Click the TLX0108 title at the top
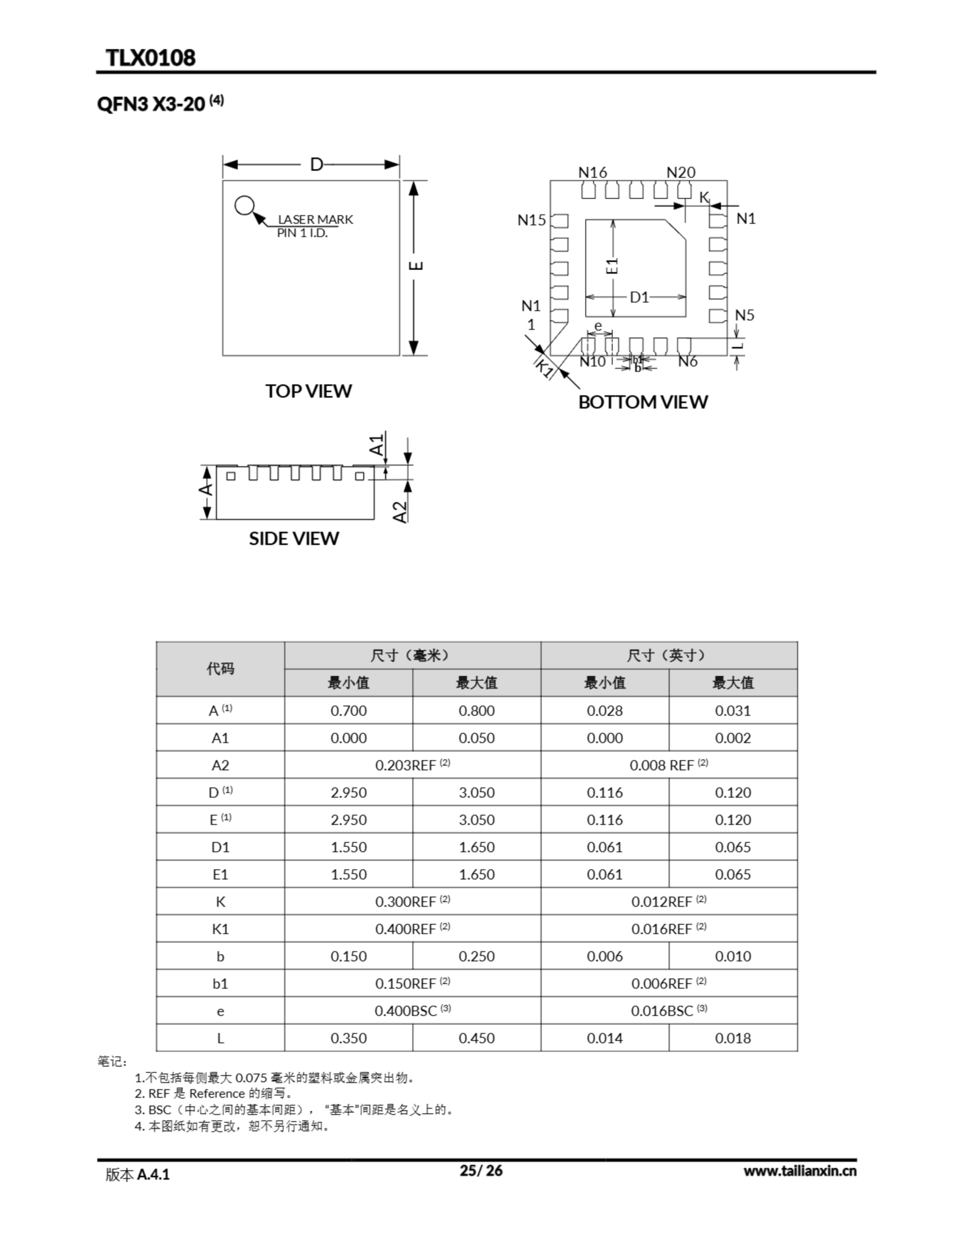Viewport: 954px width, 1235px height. click(x=150, y=58)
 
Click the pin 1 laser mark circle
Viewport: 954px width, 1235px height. click(x=245, y=205)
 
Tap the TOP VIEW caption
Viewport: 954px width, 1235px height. click(x=308, y=391)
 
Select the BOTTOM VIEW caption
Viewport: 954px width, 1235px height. click(x=642, y=401)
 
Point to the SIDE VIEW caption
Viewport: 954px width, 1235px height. click(x=294, y=538)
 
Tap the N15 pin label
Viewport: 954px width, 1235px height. click(x=532, y=220)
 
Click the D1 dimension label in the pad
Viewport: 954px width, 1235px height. click(x=639, y=297)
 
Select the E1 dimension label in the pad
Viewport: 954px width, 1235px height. click(x=612, y=266)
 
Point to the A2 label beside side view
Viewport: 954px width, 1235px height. click(x=400, y=512)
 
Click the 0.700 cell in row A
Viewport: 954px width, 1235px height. click(x=348, y=710)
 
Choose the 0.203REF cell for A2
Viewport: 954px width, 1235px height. click(x=412, y=765)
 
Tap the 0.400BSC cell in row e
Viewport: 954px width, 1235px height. click(x=412, y=1011)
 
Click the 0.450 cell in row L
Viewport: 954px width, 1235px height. click(x=476, y=1038)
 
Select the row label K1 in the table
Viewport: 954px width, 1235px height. click(x=220, y=929)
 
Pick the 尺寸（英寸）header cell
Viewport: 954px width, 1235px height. click(x=668, y=656)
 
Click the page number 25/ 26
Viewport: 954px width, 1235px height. click(x=481, y=1170)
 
